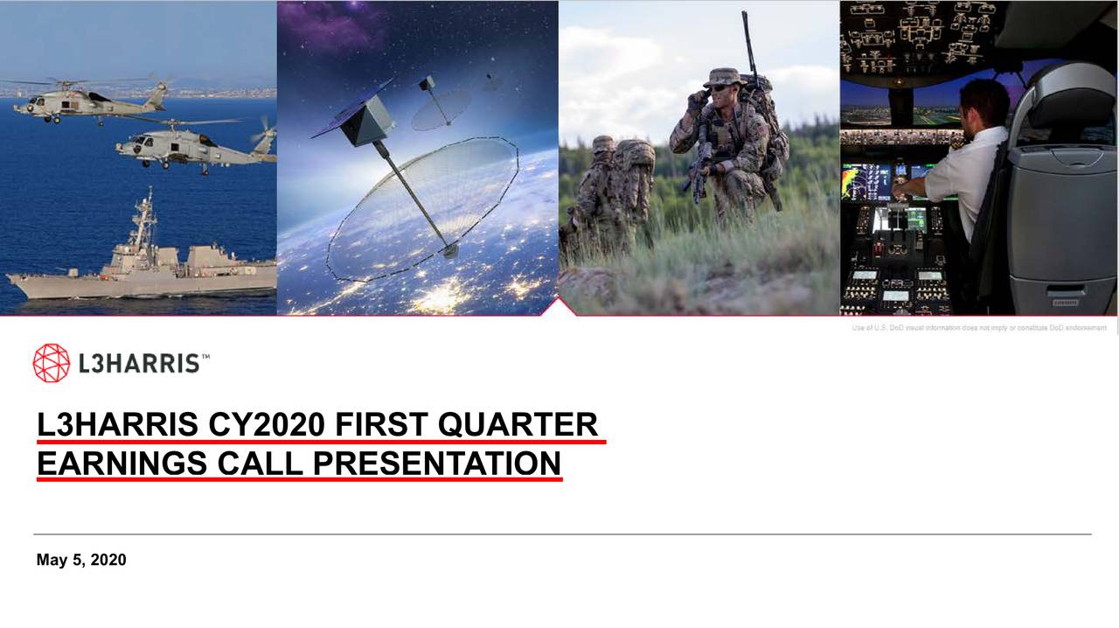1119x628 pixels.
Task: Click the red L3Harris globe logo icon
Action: click(51, 363)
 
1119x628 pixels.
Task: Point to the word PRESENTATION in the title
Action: click(437, 463)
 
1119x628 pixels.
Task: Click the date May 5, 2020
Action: click(81, 560)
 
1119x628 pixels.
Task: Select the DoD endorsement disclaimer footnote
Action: click(979, 328)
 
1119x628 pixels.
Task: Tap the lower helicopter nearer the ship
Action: click(192, 147)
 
